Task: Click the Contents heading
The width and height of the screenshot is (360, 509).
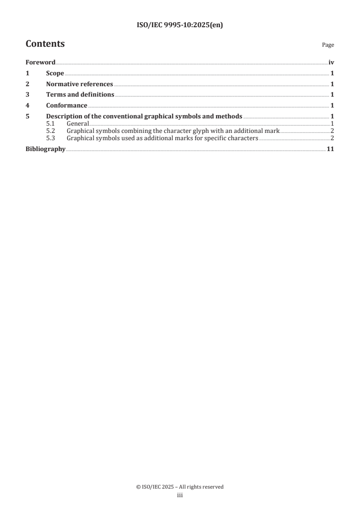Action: [45, 44]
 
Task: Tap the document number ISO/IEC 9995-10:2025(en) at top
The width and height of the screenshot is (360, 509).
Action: [180, 25]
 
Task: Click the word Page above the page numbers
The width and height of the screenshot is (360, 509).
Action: [328, 45]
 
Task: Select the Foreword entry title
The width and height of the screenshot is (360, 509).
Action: [40, 63]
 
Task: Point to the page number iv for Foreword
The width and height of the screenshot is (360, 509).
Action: [331, 63]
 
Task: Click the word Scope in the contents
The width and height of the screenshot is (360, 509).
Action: [55, 73]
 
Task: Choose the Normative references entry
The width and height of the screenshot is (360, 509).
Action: [79, 84]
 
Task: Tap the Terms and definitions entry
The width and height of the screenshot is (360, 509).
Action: [80, 95]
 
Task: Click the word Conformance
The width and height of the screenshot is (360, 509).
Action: [67, 106]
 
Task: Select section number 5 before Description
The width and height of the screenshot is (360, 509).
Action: [27, 116]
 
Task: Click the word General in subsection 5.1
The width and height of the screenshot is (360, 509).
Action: [78, 123]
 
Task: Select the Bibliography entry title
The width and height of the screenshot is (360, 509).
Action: [45, 149]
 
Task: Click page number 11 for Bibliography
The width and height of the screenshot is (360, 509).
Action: [330, 149]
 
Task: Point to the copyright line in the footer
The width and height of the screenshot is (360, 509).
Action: [180, 487]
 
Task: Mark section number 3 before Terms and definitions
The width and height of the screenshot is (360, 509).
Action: [27, 95]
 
